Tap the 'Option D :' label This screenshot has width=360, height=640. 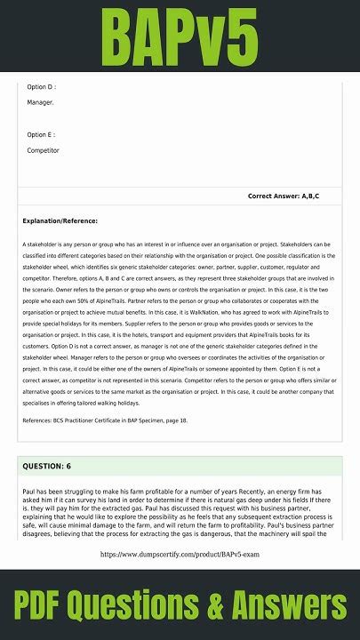pyautogui.click(x=42, y=87)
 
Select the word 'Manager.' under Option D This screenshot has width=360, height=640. pyautogui.click(x=41, y=102)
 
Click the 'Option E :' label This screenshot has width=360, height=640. pyautogui.click(x=42, y=134)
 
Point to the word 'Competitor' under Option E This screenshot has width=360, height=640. pyautogui.click(x=44, y=150)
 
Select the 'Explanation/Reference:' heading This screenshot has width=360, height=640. pyautogui.click(x=60, y=220)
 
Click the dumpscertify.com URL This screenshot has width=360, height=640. pyautogui.click(x=180, y=554)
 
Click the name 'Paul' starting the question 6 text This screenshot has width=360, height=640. pyautogui.click(x=30, y=490)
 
